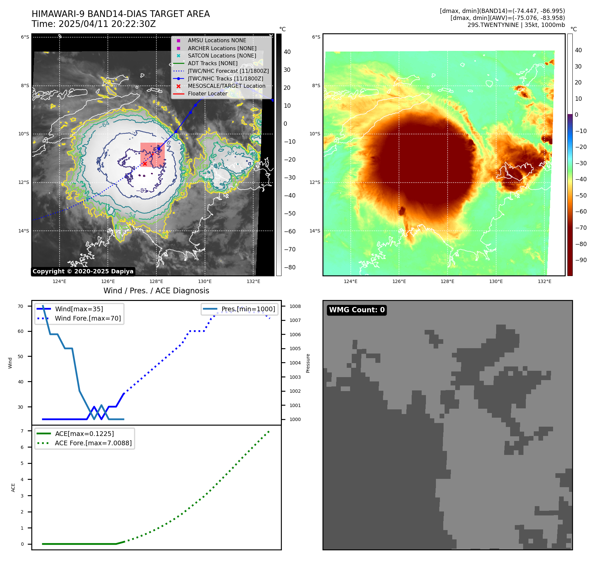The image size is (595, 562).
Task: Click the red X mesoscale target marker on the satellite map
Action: (145, 164)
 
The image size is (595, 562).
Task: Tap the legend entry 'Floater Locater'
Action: (207, 94)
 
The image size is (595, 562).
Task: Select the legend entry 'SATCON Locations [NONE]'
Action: (222, 56)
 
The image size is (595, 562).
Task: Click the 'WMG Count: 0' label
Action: (357, 310)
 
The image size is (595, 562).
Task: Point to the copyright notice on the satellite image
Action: (83, 271)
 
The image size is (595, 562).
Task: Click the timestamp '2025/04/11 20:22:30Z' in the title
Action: (107, 24)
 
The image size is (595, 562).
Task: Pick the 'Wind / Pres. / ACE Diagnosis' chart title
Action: (156, 291)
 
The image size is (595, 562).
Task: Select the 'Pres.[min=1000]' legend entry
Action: (248, 309)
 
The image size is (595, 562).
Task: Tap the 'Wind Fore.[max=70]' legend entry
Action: (88, 318)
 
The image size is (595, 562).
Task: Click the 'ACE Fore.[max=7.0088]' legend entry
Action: (93, 443)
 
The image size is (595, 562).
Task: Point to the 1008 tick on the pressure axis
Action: (295, 306)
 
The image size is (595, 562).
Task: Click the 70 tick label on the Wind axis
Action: (21, 306)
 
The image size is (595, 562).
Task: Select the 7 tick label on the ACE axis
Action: (22, 431)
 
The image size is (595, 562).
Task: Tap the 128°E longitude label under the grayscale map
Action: (156, 281)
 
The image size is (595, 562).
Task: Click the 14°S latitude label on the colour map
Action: (315, 231)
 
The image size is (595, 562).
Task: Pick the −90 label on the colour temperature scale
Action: (581, 260)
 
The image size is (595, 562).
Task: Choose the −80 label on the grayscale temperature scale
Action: (290, 267)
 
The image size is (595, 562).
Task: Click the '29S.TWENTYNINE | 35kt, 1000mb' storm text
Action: (516, 25)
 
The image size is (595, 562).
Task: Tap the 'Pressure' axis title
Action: (308, 363)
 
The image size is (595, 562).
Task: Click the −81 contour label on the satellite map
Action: (142, 191)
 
